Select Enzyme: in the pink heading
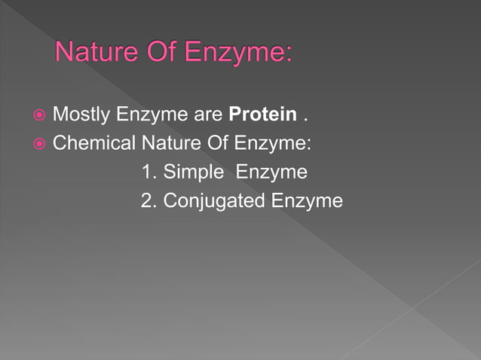[241, 54]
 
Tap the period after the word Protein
[305, 119]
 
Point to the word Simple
[194, 172]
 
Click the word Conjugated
[213, 202]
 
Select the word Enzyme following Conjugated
[307, 202]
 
